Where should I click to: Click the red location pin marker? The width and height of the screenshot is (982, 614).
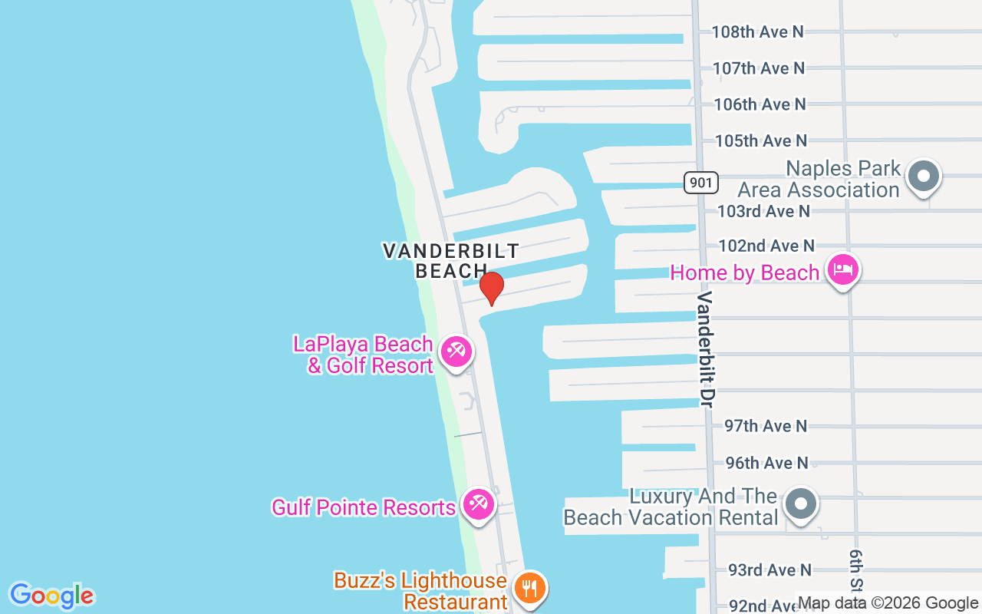[491, 288]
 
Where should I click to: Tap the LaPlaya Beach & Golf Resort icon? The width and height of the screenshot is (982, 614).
[456, 352]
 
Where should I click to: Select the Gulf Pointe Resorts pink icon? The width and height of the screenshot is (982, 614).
[479, 505]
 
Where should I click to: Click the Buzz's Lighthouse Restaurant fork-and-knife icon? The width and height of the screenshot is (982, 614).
[529, 588]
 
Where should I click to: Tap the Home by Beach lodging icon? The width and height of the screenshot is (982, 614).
[843, 270]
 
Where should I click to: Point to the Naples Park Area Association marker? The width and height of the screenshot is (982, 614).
[924, 177]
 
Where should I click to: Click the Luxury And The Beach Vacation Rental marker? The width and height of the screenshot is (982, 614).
[802, 504]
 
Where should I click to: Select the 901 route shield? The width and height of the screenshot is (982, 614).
[701, 183]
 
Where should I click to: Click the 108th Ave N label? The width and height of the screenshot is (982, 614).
[757, 31]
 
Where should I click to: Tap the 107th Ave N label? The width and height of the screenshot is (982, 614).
[758, 68]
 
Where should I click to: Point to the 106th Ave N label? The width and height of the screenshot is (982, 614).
[760, 104]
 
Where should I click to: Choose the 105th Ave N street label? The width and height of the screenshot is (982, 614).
[760, 140]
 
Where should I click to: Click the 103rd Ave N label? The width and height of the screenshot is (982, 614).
[763, 210]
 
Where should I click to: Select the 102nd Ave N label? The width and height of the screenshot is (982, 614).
[766, 246]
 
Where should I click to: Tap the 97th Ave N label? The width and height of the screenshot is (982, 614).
[766, 425]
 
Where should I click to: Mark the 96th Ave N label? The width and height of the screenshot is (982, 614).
[766, 463]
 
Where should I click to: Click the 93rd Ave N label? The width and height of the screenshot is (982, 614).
[769, 569]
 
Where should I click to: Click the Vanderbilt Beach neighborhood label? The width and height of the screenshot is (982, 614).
[451, 260]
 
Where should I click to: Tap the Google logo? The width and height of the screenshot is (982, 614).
[51, 596]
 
